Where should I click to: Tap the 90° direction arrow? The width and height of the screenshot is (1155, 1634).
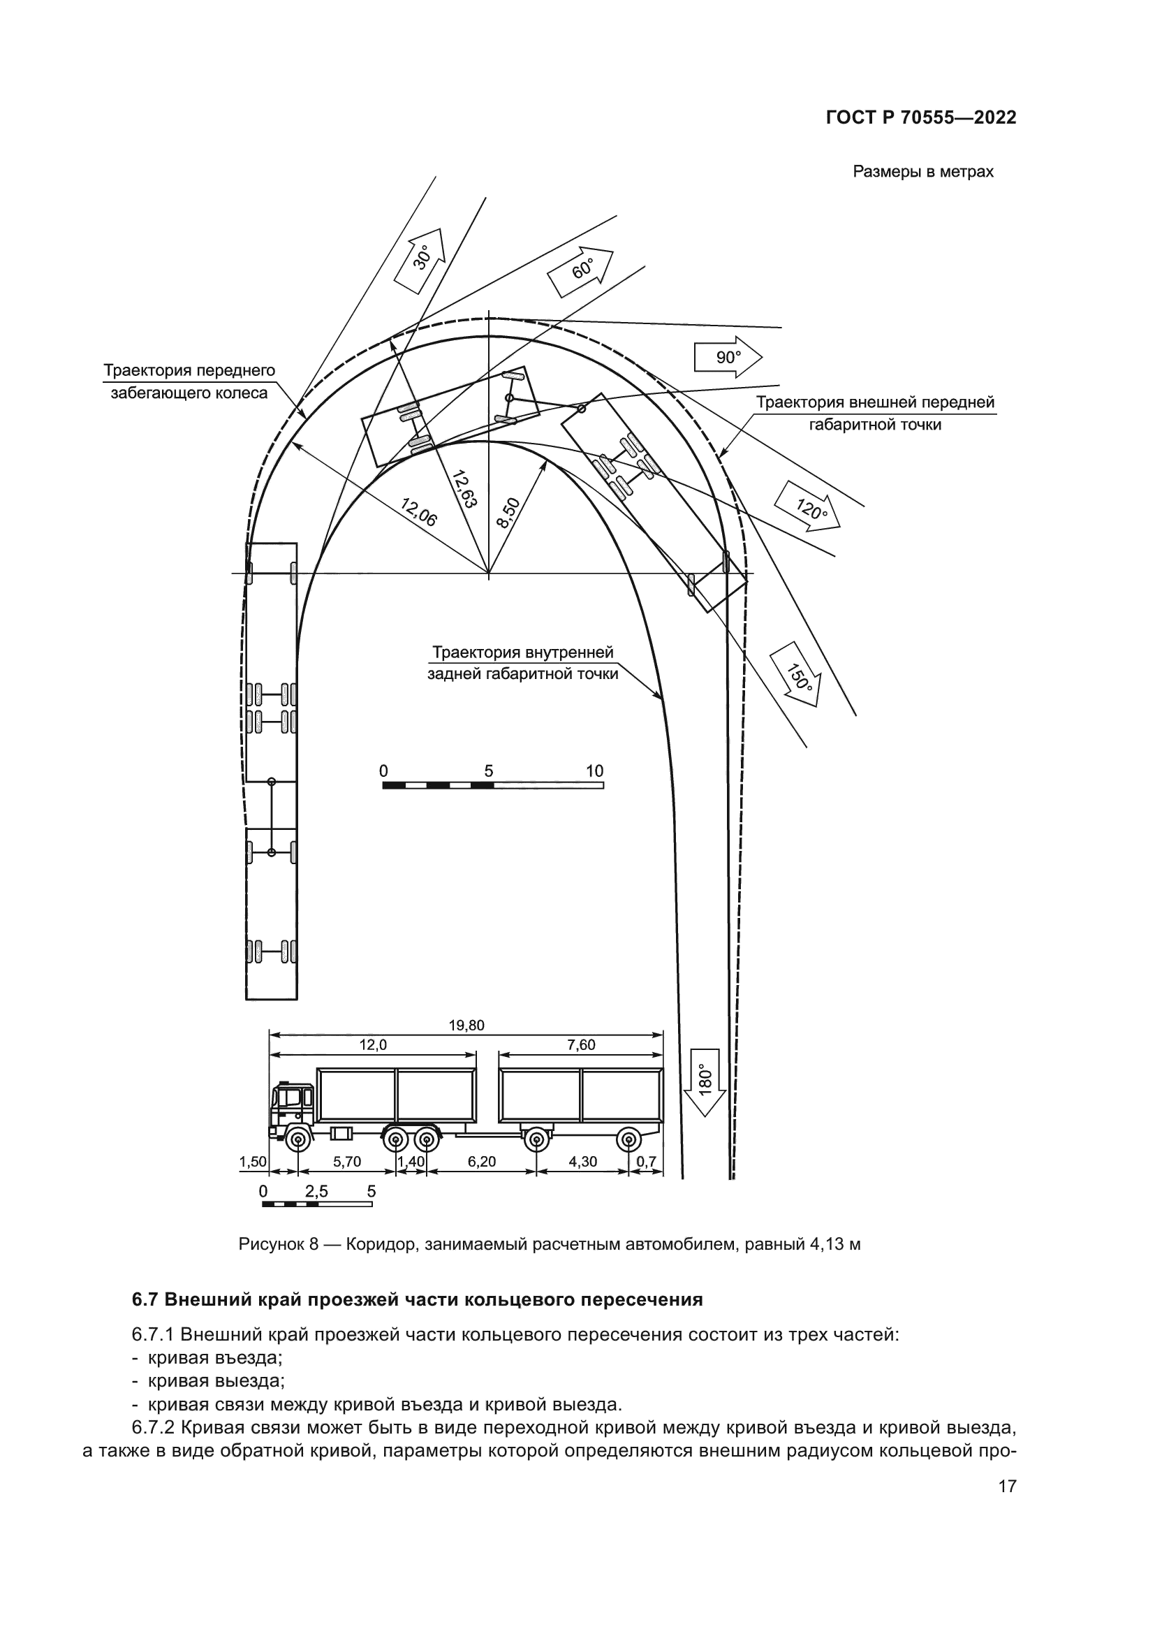[728, 357]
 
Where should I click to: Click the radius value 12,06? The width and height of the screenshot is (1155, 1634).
[419, 511]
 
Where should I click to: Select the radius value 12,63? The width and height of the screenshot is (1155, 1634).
[464, 488]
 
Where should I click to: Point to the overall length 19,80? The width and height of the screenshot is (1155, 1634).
[466, 1026]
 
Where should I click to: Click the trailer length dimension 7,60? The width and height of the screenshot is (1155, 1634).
[582, 1046]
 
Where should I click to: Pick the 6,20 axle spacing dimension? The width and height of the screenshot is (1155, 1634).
[482, 1162]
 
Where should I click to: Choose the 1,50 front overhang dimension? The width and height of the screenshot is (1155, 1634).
[253, 1162]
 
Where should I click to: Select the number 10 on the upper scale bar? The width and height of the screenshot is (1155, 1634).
[594, 771]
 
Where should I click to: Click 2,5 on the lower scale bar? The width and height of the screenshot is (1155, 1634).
[316, 1191]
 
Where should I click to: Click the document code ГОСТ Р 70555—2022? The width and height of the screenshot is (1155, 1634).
[921, 118]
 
